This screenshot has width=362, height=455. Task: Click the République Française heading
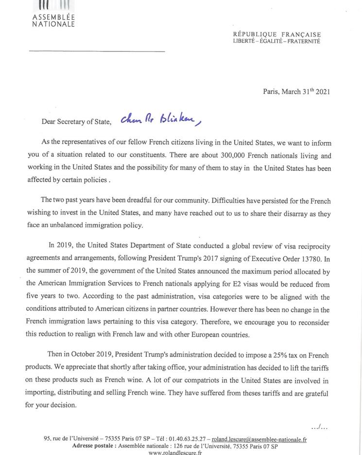[277, 34]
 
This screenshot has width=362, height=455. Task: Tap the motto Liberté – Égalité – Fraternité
[276, 41]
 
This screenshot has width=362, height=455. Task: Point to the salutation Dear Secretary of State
[76, 122]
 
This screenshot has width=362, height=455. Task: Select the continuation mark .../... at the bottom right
[319, 427]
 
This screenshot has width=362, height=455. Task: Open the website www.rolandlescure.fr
[175, 452]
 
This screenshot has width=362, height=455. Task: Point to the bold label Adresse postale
[94, 446]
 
